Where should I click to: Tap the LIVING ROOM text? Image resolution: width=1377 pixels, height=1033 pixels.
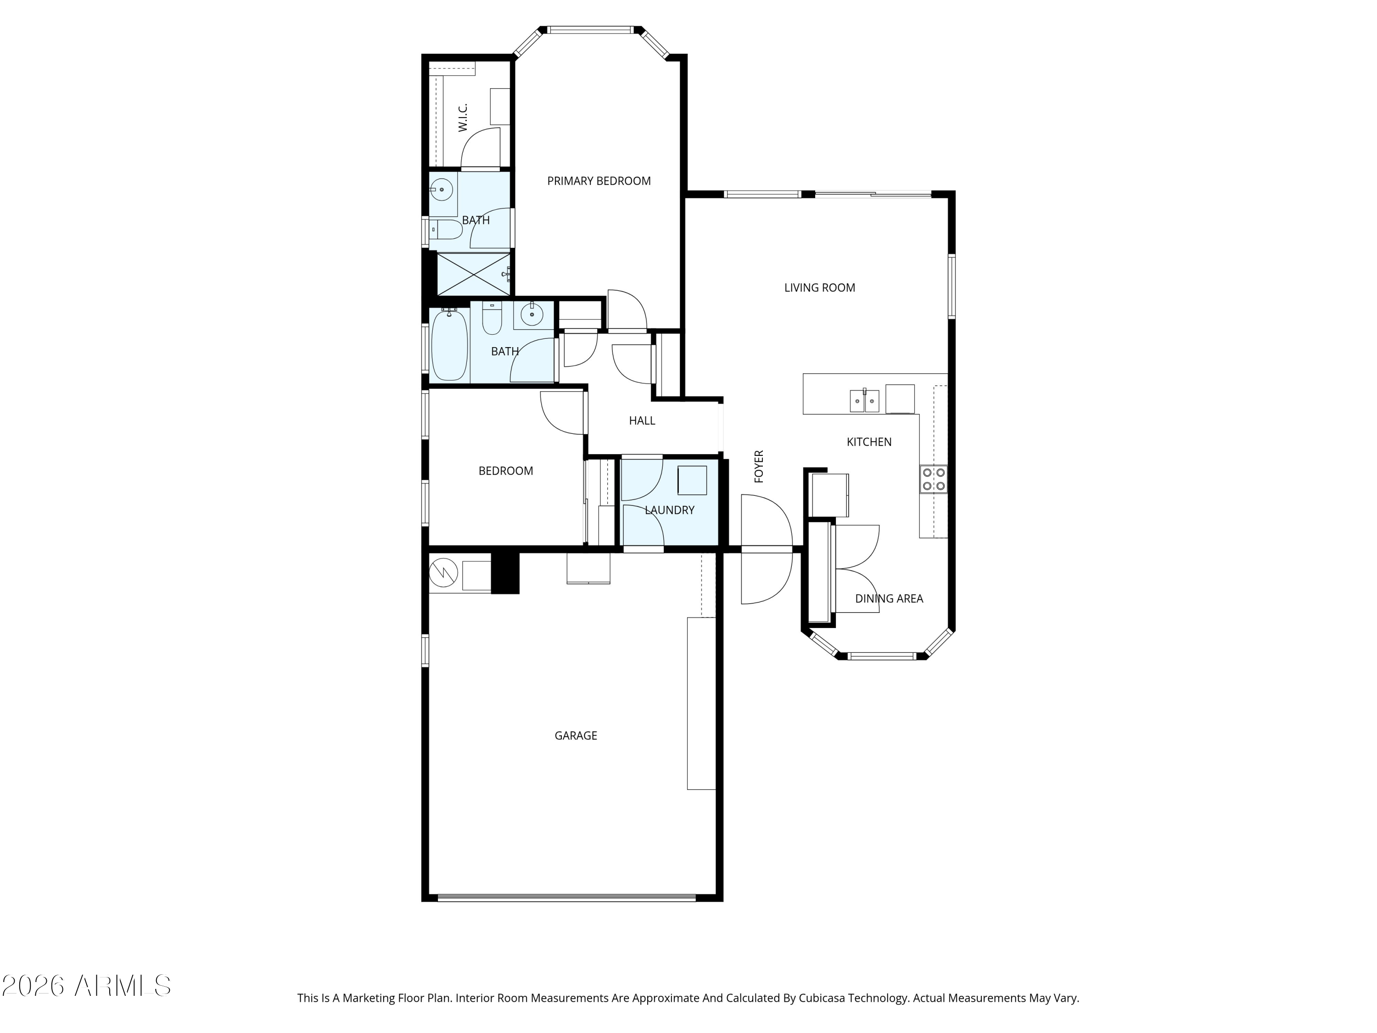(x=819, y=288)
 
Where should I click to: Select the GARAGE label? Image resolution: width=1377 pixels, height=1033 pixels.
(x=576, y=735)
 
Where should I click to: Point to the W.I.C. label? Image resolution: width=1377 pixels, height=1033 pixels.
(x=463, y=118)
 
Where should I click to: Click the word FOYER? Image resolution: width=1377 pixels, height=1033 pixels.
(x=759, y=466)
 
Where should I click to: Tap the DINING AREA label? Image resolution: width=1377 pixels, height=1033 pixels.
(x=889, y=598)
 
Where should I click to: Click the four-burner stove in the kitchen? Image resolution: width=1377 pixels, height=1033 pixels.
(x=934, y=479)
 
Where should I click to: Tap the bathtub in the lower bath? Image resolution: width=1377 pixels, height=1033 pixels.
(x=449, y=344)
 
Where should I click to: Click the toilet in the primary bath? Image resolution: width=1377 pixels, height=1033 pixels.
(x=446, y=230)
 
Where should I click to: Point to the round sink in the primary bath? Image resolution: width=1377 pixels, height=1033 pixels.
(x=442, y=189)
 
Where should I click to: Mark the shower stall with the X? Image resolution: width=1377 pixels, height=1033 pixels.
(x=474, y=274)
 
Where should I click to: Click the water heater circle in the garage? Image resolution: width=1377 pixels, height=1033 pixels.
(x=443, y=573)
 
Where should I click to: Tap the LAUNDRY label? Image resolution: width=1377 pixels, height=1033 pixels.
(x=669, y=510)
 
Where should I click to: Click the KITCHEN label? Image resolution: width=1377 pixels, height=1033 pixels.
(x=869, y=442)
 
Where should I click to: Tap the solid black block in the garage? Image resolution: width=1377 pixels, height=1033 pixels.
(x=505, y=573)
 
